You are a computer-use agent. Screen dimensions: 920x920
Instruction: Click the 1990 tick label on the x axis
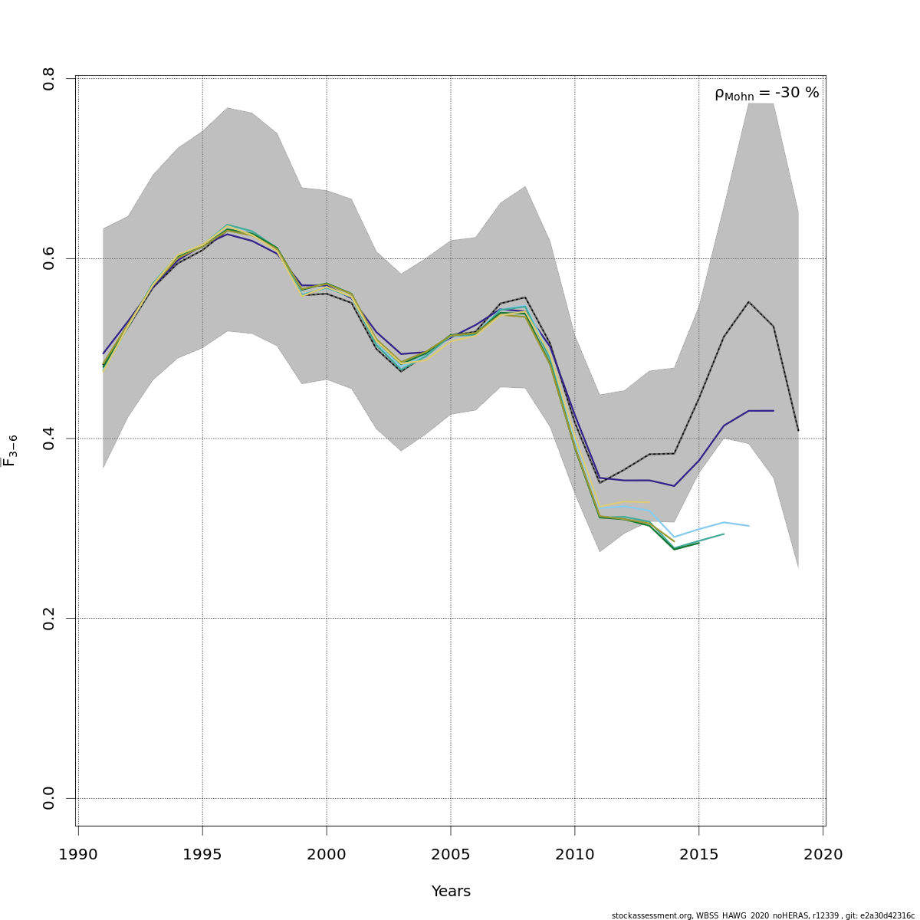click(x=78, y=854)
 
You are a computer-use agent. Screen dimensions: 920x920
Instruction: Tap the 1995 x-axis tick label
click(x=202, y=854)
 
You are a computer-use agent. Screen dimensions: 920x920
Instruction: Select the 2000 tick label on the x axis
click(x=327, y=854)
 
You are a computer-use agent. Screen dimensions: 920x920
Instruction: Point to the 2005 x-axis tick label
click(x=451, y=854)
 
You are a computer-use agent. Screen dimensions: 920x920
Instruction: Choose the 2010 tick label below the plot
click(x=575, y=854)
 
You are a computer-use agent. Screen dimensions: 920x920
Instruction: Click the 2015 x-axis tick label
click(x=699, y=854)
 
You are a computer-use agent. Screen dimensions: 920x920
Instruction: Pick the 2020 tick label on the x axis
click(x=823, y=854)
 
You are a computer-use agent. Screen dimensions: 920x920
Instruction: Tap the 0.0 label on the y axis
click(x=49, y=798)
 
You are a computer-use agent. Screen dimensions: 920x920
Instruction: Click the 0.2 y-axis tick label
click(x=49, y=618)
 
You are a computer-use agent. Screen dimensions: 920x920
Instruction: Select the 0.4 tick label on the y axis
click(x=49, y=439)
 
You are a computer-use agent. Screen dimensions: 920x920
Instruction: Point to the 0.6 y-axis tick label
click(x=49, y=258)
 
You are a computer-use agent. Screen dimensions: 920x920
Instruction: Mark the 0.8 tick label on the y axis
click(x=49, y=79)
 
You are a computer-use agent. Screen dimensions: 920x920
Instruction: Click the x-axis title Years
click(x=451, y=892)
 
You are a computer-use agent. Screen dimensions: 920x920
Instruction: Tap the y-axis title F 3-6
click(x=10, y=450)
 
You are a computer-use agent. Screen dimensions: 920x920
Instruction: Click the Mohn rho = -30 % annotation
click(x=767, y=94)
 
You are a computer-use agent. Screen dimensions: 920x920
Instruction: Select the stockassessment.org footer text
click(x=763, y=915)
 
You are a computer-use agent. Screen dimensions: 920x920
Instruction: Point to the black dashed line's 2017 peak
click(x=748, y=302)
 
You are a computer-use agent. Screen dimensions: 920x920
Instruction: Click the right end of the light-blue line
click(x=748, y=526)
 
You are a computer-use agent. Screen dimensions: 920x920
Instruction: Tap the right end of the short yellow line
click(x=649, y=502)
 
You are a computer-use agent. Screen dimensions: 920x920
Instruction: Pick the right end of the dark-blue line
click(x=773, y=411)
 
